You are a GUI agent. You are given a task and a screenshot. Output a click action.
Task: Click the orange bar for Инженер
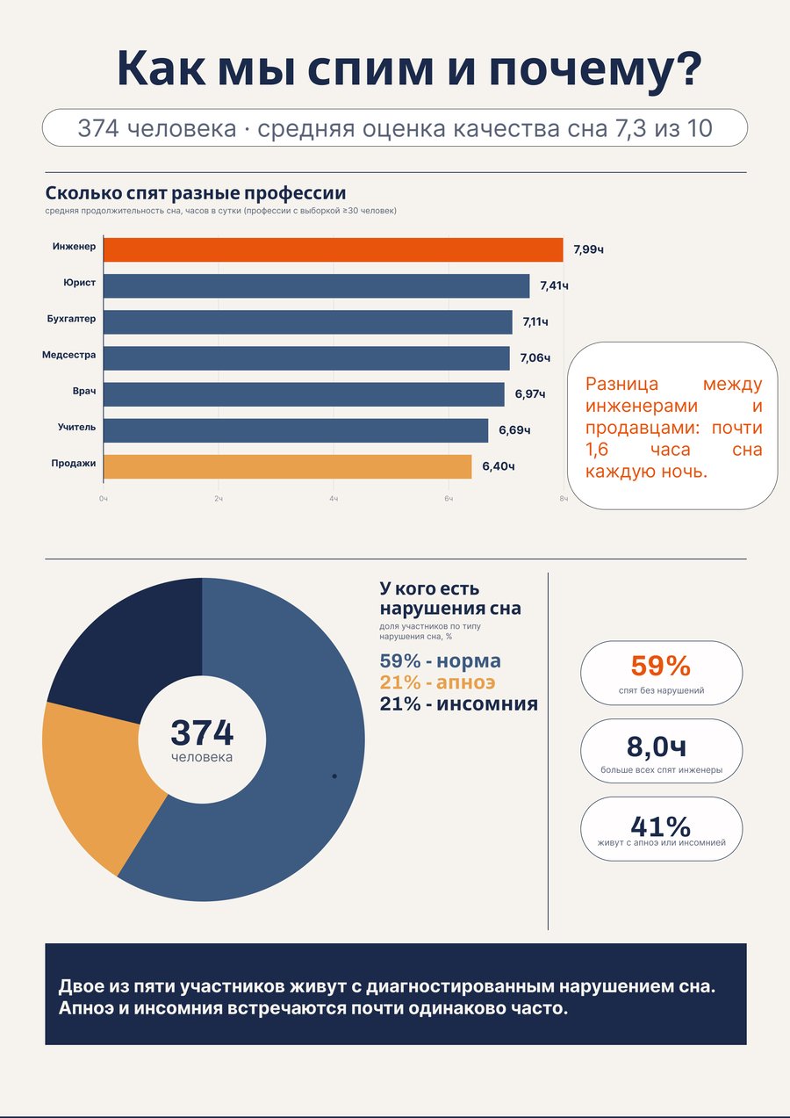(334, 249)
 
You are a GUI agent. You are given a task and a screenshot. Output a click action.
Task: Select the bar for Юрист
(317, 286)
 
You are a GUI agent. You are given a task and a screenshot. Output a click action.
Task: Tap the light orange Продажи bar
(288, 466)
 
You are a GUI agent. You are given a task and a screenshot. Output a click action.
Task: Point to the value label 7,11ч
(535, 322)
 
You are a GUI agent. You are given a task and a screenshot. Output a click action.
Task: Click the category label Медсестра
(68, 355)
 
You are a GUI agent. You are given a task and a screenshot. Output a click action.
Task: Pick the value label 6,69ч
(514, 430)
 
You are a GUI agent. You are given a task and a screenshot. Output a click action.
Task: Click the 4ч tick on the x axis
(334, 499)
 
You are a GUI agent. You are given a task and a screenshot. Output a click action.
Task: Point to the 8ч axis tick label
(564, 499)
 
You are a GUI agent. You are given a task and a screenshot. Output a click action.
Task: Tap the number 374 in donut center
(202, 732)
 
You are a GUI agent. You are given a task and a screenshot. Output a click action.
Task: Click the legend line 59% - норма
(440, 660)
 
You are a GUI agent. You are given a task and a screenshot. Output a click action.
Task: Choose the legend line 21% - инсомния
(459, 703)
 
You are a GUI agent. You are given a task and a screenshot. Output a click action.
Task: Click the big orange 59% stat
(661, 666)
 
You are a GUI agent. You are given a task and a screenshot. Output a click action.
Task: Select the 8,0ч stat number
(657, 747)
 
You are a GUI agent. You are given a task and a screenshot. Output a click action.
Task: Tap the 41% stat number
(661, 826)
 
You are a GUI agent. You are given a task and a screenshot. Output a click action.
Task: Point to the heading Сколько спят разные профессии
(196, 192)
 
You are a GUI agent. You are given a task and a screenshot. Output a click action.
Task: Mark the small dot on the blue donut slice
(334, 776)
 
